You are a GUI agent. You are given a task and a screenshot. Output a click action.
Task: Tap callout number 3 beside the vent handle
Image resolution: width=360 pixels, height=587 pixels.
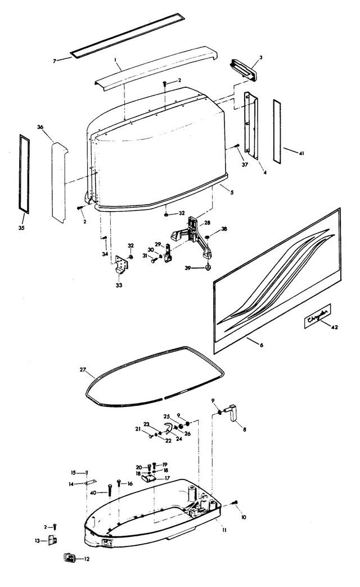pos(261,57)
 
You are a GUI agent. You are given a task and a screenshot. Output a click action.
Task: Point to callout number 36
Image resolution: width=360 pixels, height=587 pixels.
pos(40,127)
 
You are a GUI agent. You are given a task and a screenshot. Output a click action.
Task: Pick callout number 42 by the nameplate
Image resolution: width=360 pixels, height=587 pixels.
pos(334,326)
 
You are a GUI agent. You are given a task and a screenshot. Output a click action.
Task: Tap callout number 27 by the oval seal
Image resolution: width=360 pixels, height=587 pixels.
pos(83,370)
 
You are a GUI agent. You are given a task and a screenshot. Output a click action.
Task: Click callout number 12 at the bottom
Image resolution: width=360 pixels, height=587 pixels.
pos(87,559)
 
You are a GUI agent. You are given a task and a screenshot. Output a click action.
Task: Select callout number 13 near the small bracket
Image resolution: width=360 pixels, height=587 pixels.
pos(37,540)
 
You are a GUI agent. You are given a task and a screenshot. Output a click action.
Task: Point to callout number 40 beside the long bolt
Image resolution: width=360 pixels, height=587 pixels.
pos(94,492)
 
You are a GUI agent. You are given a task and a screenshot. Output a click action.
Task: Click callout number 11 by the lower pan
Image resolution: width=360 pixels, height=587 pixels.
pos(224,530)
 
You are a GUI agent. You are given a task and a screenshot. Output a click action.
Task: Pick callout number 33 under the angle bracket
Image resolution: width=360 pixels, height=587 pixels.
pos(119,285)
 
